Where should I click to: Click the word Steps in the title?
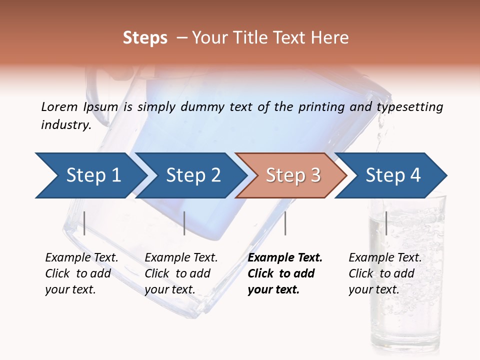[145, 37]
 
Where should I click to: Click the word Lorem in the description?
[59, 106]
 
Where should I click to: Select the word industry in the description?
[65, 124]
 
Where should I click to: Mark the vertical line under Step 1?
[84, 223]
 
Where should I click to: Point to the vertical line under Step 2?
[184, 223]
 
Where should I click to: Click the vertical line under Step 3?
[285, 223]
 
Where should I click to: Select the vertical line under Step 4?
[386, 223]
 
